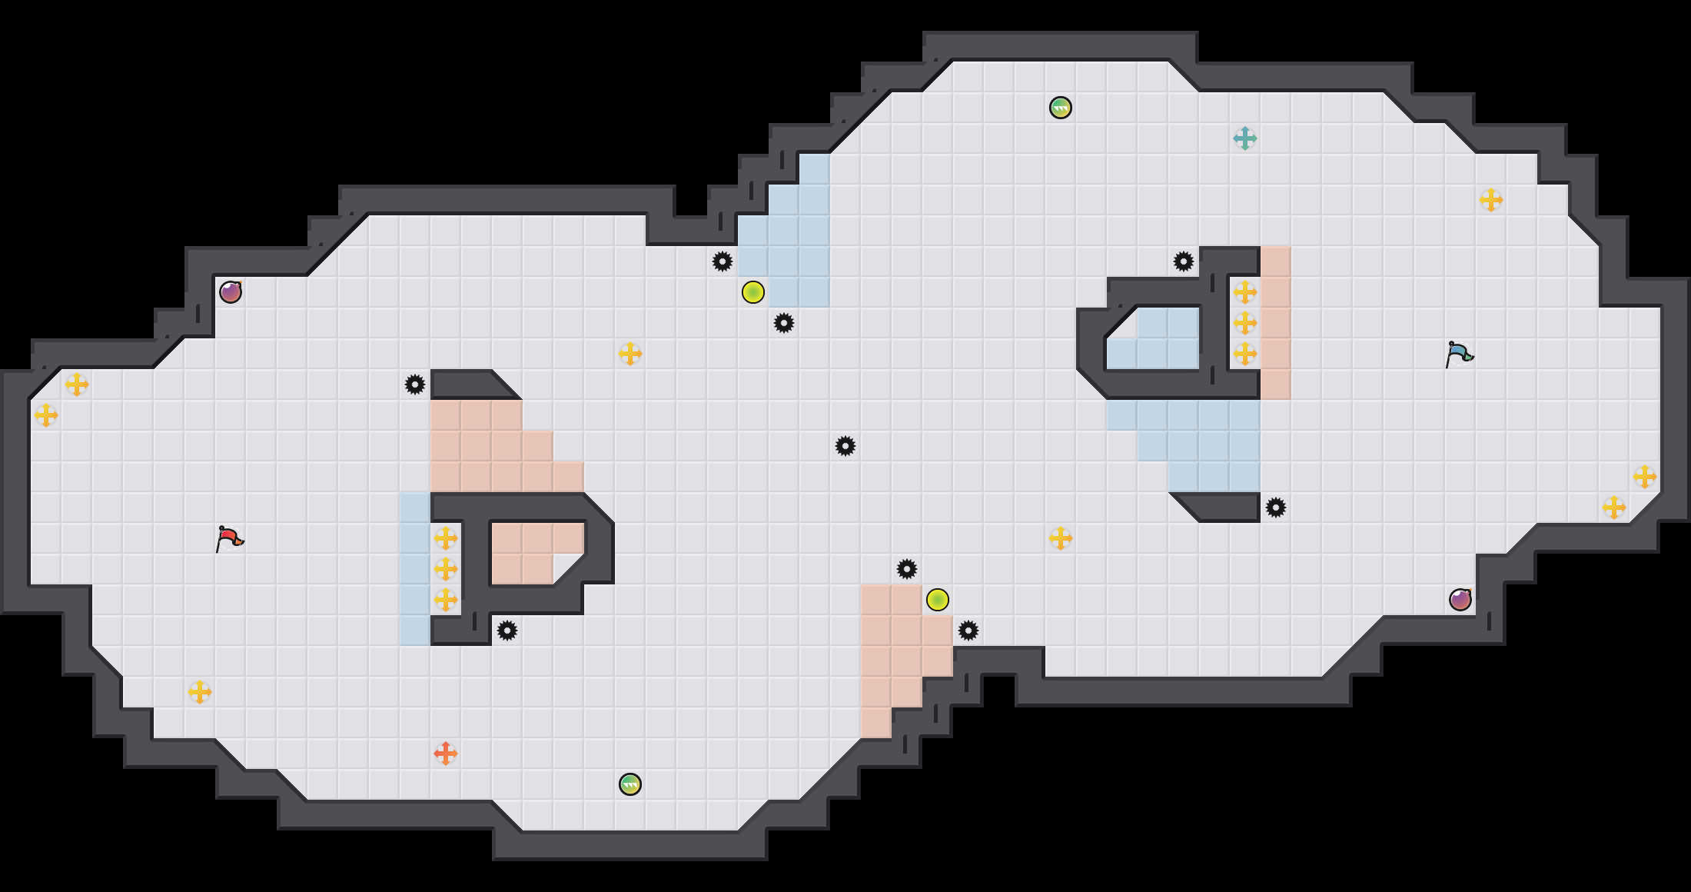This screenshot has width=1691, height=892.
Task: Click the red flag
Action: point(229,538)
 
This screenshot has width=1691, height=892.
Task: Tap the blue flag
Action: point(1459,354)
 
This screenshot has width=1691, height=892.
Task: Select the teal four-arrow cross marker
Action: point(1244,138)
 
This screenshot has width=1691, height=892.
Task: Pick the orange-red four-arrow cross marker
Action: point(445,754)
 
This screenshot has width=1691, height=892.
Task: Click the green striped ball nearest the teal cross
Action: point(1060,108)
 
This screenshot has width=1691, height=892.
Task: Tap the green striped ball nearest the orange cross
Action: point(630,784)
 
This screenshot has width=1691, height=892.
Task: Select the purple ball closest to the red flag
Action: point(231,292)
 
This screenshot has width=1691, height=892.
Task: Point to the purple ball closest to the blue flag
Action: point(1460,600)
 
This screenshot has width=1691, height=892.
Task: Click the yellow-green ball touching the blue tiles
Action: point(752,292)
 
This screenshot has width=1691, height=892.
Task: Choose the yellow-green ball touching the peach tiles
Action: point(937,600)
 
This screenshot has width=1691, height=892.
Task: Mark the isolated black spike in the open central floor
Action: point(845,446)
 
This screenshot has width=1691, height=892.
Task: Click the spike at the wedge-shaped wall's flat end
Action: point(414,384)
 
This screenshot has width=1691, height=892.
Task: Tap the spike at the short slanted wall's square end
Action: point(1275,508)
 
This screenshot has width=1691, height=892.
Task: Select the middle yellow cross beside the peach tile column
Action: point(1244,323)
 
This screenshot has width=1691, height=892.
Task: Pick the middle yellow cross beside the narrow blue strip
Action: point(445,569)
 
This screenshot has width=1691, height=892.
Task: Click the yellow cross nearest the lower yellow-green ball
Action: point(1060,538)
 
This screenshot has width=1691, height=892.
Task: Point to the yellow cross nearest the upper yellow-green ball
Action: point(630,354)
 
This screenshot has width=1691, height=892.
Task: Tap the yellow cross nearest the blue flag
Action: point(1490,200)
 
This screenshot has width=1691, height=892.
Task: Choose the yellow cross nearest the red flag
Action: point(199,692)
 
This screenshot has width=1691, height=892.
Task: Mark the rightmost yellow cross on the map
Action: point(1644,477)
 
